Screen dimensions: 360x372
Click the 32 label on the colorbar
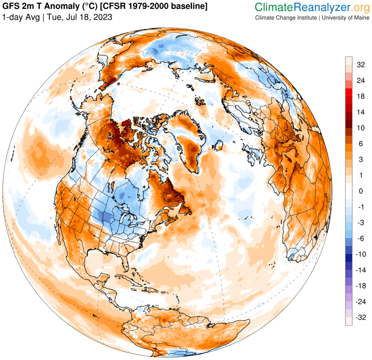[360, 65]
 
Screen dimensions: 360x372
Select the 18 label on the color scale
[360, 96]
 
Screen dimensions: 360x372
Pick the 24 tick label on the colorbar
[360, 80]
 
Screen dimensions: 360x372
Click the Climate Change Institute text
[285, 18]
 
